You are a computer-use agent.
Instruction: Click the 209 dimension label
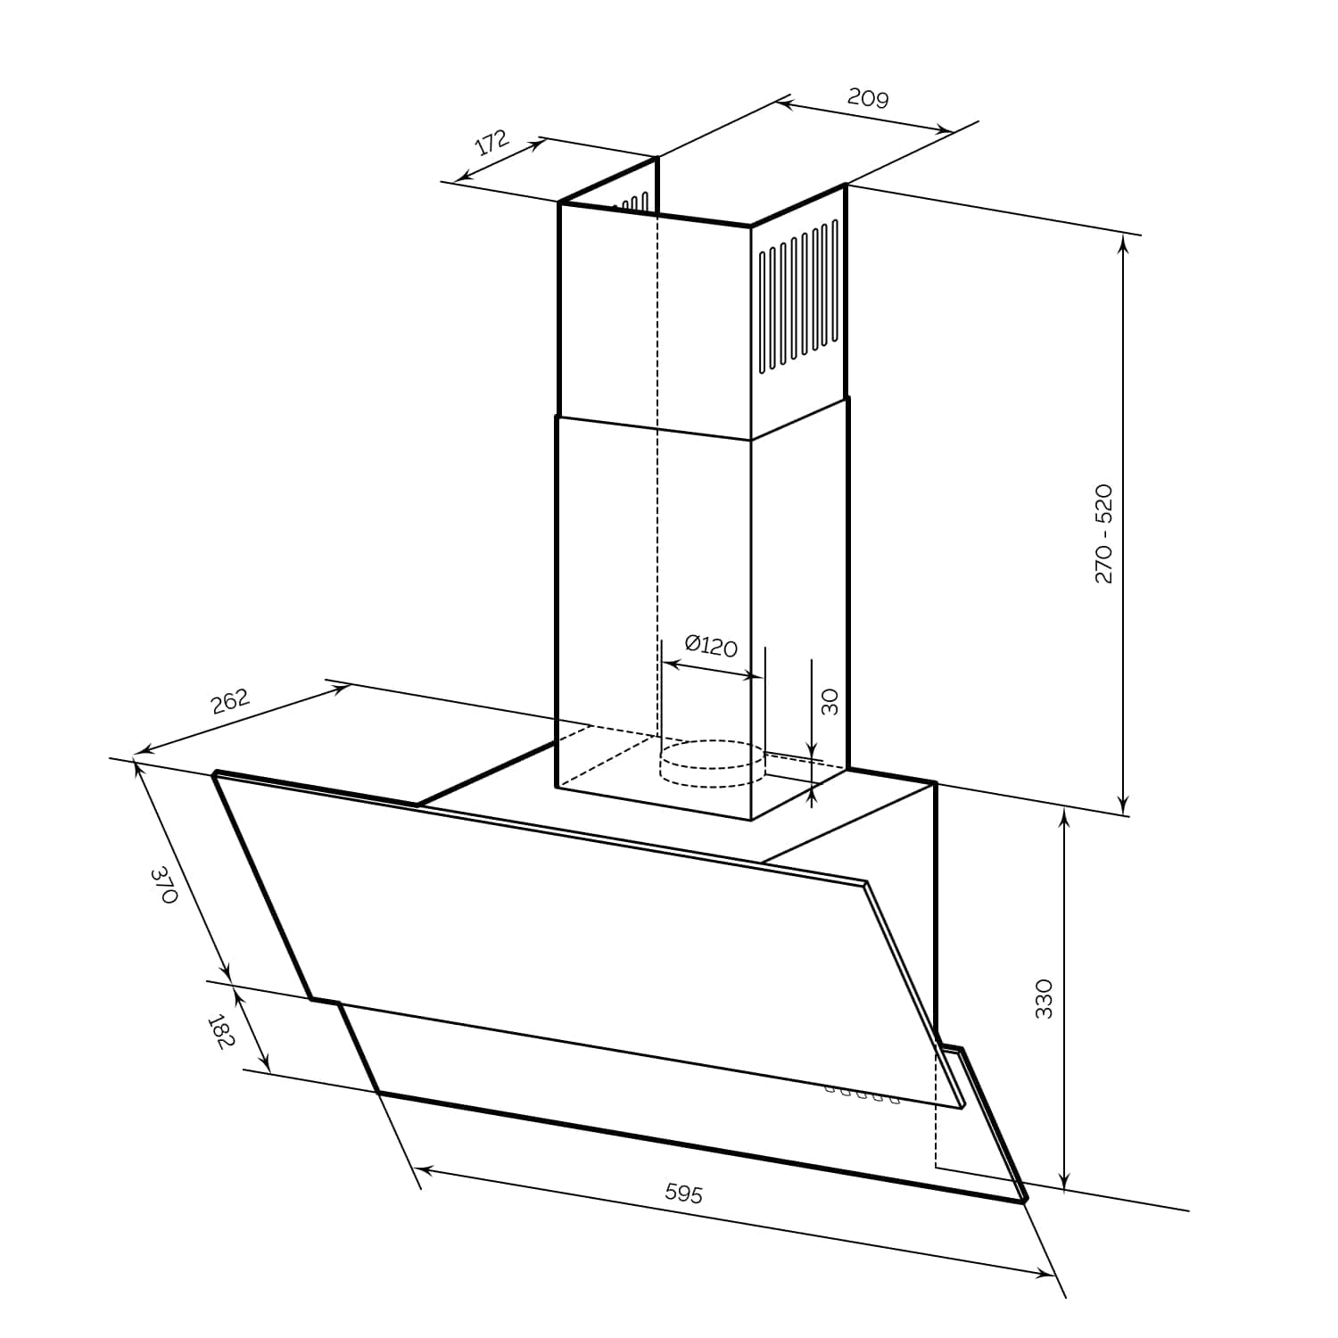coord(868,97)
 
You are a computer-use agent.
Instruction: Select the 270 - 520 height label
coord(1103,533)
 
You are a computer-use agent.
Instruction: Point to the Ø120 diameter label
coord(711,645)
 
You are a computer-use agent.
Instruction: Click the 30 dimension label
coord(830,701)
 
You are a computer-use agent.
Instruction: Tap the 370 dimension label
coord(165,885)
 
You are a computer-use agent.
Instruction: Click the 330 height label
coord(1044,998)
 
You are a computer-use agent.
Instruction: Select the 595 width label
coord(684,1193)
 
